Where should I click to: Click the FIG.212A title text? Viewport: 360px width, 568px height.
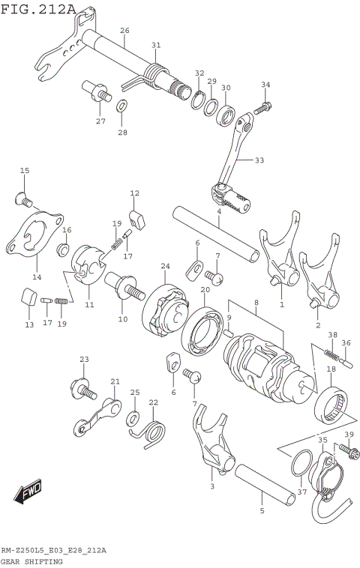[x=38, y=9]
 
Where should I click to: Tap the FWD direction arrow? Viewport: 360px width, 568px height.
[x=28, y=492]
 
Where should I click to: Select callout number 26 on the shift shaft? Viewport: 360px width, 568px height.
[x=124, y=31]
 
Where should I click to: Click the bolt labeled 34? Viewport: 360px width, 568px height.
[x=262, y=108]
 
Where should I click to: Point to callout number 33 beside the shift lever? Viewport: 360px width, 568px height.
[x=259, y=160]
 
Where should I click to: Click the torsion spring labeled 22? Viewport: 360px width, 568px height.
[x=153, y=432]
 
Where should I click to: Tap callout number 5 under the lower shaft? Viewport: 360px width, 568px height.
[x=262, y=512]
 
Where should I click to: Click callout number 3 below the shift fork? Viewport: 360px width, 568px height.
[x=212, y=486]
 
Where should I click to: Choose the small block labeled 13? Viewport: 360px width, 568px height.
[x=28, y=300]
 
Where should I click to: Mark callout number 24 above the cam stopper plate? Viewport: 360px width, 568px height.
[x=165, y=265]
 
